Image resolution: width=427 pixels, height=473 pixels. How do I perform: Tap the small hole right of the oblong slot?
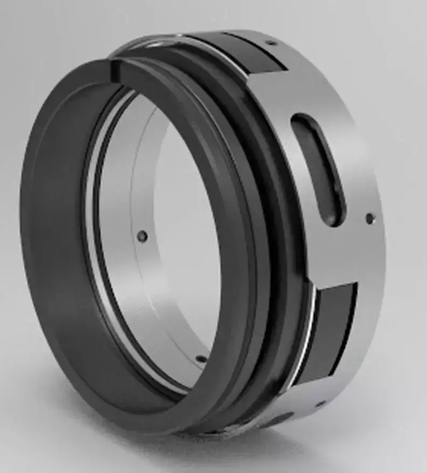click(x=369, y=218)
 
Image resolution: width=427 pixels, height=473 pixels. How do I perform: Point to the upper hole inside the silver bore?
click(x=143, y=235)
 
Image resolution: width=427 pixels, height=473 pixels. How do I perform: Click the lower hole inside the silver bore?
click(x=200, y=357)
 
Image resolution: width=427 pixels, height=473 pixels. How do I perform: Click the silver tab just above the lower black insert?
click(x=336, y=269)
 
